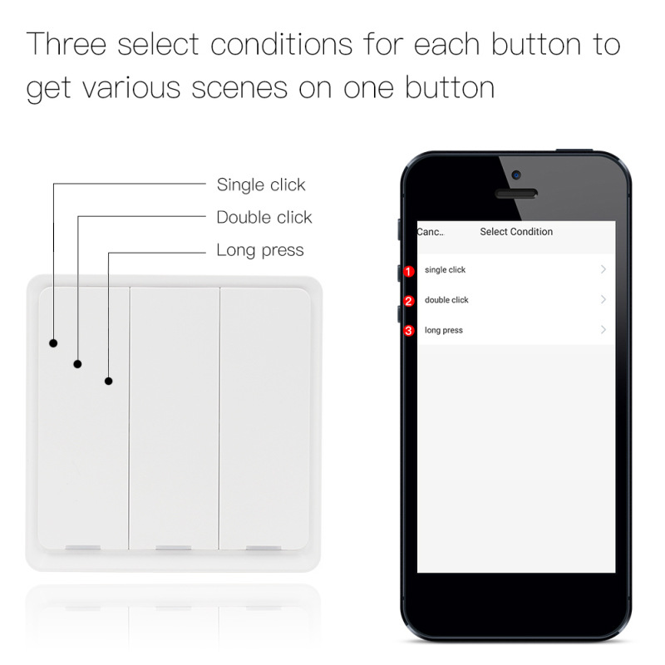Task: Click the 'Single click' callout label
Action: point(261,185)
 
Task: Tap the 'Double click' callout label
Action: point(264,217)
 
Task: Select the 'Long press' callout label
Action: point(260,249)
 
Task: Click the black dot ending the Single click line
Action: point(53,342)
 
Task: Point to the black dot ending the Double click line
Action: point(77,363)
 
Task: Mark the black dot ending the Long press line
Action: point(108,382)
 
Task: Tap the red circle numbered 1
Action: point(408,271)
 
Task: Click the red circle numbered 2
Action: point(408,301)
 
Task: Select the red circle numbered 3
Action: point(408,331)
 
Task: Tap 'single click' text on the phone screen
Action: point(445,270)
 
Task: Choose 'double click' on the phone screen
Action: point(446,300)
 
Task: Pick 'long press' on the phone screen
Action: point(443,331)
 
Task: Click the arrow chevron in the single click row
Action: point(603,269)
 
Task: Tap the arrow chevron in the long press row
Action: point(603,330)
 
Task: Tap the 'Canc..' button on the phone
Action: point(431,232)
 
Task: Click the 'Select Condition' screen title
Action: point(516,232)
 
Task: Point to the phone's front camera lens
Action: point(516,175)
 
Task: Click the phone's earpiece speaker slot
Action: point(516,194)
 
